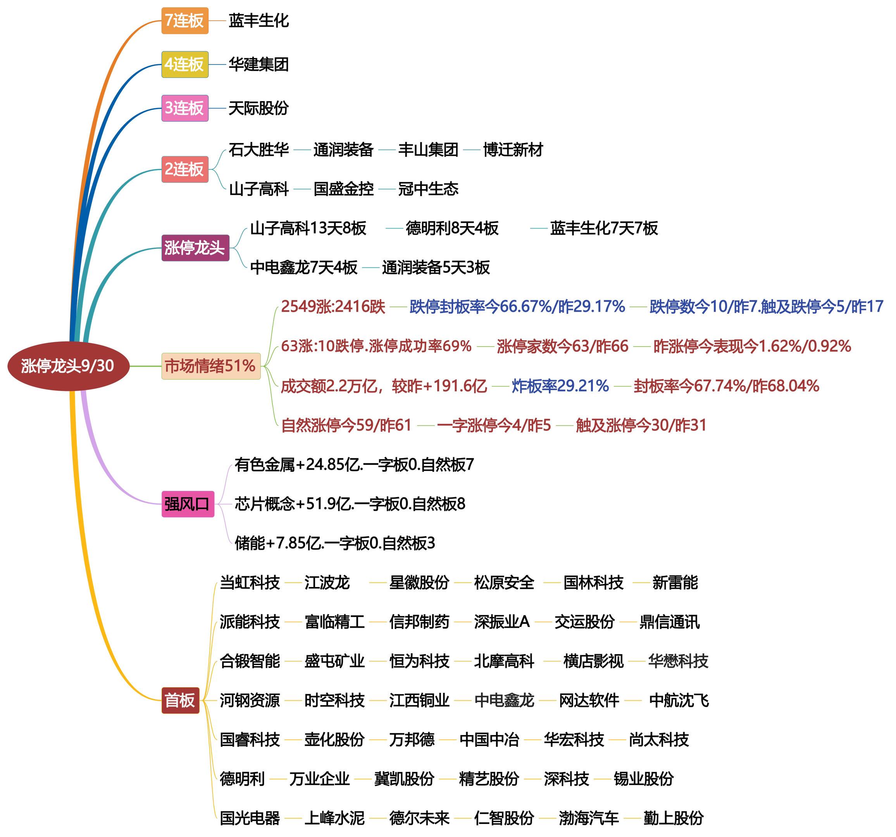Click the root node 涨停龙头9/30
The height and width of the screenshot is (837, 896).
(68, 366)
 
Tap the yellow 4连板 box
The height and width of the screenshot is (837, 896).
(185, 64)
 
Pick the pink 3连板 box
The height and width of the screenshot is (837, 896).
(185, 108)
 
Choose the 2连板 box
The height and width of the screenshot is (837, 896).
(185, 169)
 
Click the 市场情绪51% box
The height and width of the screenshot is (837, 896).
(210, 366)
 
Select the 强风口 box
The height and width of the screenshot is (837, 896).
(188, 504)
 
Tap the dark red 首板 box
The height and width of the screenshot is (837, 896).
(180, 701)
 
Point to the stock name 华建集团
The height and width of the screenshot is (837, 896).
(258, 64)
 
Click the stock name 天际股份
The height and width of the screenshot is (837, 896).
(258, 108)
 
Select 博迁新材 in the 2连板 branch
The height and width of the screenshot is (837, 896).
(513, 150)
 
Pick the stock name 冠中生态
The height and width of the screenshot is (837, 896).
(428, 189)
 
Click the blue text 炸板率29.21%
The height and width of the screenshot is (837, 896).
(560, 386)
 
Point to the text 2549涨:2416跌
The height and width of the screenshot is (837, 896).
(333, 307)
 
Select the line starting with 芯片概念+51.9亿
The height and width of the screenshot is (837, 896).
(350, 504)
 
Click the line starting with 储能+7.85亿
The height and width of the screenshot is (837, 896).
(335, 543)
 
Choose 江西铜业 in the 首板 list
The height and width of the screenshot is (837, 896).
(419, 701)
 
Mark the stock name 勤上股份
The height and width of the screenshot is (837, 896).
(673, 818)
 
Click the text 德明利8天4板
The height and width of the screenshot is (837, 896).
(452, 229)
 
